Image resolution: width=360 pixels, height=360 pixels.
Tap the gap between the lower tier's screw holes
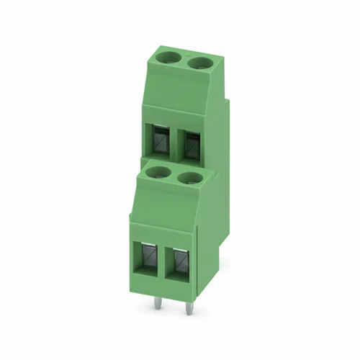174,175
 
